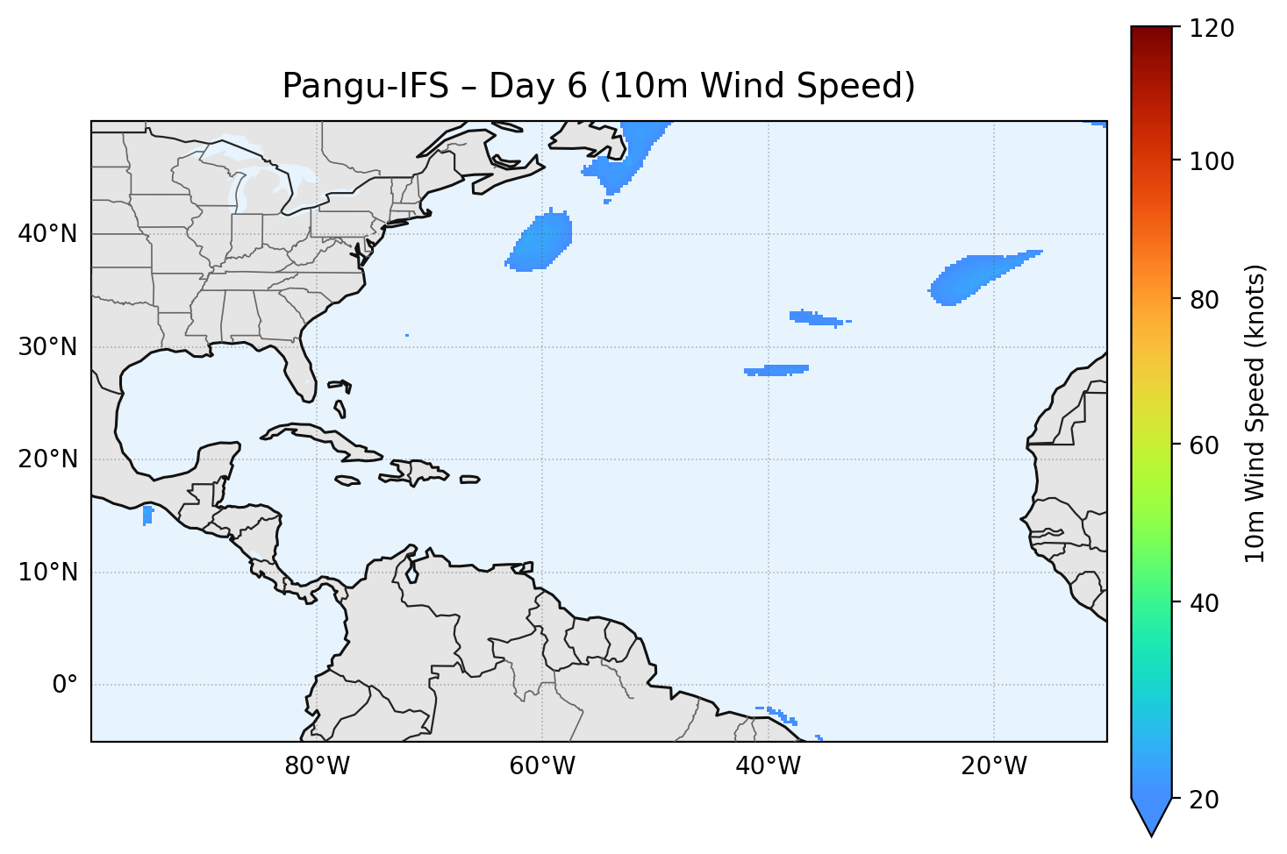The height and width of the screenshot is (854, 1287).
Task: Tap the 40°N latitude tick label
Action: click(47, 234)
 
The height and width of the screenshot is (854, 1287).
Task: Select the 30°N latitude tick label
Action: click(47, 347)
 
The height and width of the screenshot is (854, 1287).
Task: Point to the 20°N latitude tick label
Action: click(47, 459)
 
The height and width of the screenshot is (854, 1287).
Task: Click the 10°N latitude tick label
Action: click(47, 573)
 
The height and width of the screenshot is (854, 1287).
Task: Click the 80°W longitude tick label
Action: click(317, 766)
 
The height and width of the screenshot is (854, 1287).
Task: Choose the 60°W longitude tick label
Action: click(542, 766)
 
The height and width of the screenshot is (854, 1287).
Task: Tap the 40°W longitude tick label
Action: click(768, 766)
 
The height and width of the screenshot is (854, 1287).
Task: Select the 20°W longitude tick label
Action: click(993, 766)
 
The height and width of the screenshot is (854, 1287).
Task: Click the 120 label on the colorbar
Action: click(1212, 29)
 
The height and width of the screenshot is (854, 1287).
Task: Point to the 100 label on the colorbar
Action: click(1212, 161)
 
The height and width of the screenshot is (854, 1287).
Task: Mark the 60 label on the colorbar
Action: click(1207, 445)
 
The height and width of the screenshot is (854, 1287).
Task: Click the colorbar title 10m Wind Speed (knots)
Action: click(1255, 413)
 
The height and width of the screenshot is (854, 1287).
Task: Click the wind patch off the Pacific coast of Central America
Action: click(147, 515)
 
